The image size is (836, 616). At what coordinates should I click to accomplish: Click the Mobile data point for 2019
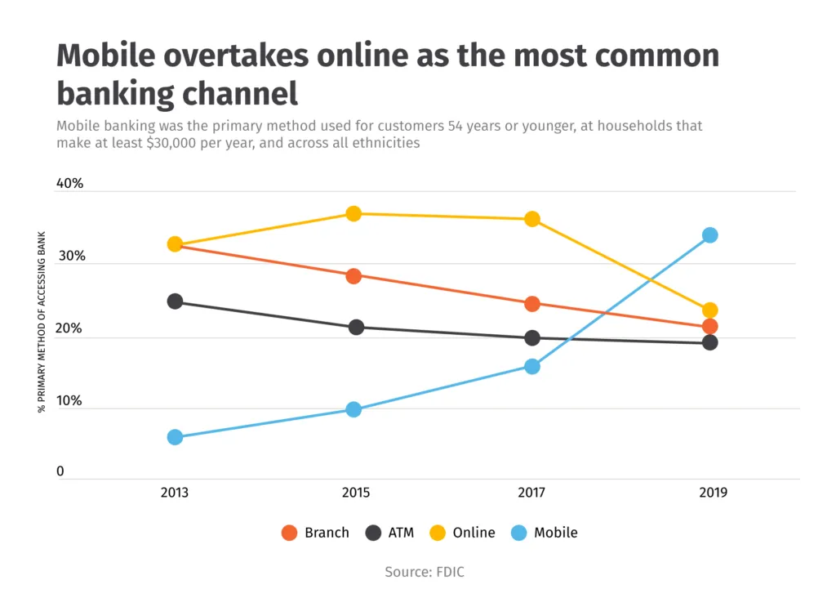[x=709, y=235]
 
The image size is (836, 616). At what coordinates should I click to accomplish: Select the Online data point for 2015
[x=354, y=214]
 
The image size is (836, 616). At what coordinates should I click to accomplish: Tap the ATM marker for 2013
[x=175, y=301]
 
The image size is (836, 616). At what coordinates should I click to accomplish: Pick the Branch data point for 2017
[x=532, y=304]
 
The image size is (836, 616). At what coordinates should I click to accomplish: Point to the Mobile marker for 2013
[x=175, y=437]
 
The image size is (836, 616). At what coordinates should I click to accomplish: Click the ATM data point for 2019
[x=709, y=342]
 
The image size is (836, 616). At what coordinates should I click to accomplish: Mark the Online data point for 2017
[x=532, y=219]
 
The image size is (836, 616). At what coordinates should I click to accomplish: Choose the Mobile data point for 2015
[x=354, y=409]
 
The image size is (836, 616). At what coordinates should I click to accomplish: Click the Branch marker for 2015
[x=354, y=276]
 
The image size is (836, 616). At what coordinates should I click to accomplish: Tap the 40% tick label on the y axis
[x=70, y=184]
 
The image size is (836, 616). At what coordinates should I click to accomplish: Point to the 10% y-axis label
[x=69, y=401]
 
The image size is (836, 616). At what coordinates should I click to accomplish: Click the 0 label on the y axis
[x=60, y=471]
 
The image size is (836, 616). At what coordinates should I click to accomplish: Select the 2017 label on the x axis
[x=531, y=493]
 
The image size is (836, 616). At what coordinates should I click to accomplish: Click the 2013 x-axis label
[x=175, y=493]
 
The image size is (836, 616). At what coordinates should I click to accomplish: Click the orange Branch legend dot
[x=289, y=533]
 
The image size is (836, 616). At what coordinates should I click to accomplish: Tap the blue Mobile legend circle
[x=518, y=533]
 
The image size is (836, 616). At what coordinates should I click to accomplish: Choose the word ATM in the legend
[x=401, y=533]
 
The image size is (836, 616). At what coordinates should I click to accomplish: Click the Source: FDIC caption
[x=425, y=572]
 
